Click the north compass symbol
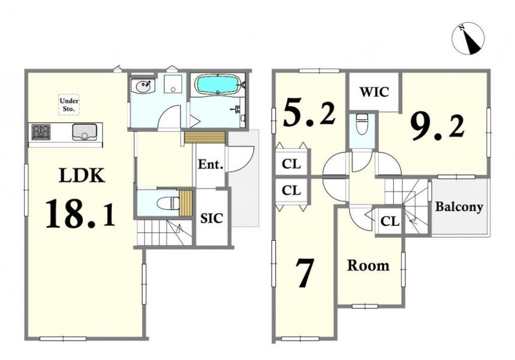coord(468,38)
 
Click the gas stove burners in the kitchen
coord(41,132)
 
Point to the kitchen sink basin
coord(84,132)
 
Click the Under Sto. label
coord(69,105)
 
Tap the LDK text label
coord(82,175)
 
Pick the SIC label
coord(212,218)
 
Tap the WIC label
coord(375,92)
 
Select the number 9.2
coord(437,128)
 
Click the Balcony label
coord(459,207)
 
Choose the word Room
coord(368,266)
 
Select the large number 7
coord(304,272)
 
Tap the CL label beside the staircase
coord(390,221)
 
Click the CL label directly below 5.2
coord(291,164)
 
